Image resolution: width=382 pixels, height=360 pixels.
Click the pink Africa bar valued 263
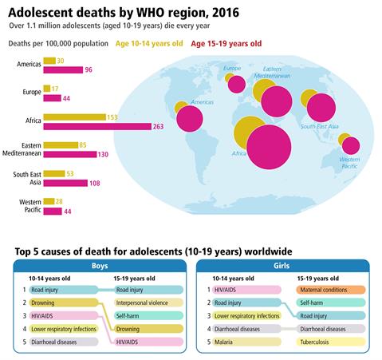pyautogui.click(x=97, y=126)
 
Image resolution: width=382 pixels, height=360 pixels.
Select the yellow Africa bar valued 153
pyautogui.click(x=74, y=117)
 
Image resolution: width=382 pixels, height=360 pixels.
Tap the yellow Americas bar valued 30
pyautogui.click(x=49, y=61)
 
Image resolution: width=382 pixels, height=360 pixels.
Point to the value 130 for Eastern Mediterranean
pyautogui.click(x=103, y=154)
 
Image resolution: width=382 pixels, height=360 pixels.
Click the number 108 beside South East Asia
pyautogui.click(x=95, y=183)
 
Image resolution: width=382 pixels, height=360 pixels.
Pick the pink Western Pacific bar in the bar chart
pyautogui.click(x=53, y=212)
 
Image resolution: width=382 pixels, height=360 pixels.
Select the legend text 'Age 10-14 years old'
pyautogui.click(x=149, y=44)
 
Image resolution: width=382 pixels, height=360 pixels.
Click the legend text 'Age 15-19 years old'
pyautogui.click(x=226, y=44)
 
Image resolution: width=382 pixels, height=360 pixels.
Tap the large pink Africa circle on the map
pyautogui.click(x=269, y=147)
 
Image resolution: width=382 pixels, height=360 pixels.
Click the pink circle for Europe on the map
pyautogui.click(x=237, y=85)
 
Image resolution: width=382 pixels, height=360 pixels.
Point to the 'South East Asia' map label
pyautogui.click(x=320, y=126)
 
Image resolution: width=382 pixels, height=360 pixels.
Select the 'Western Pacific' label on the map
pyautogui.click(x=349, y=163)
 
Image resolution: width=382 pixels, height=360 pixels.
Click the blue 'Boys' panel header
pyautogui.click(x=100, y=266)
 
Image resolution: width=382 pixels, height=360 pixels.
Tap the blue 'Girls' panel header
pyautogui.click(x=282, y=266)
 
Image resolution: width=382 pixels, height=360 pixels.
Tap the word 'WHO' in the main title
pyautogui.click(x=153, y=13)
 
